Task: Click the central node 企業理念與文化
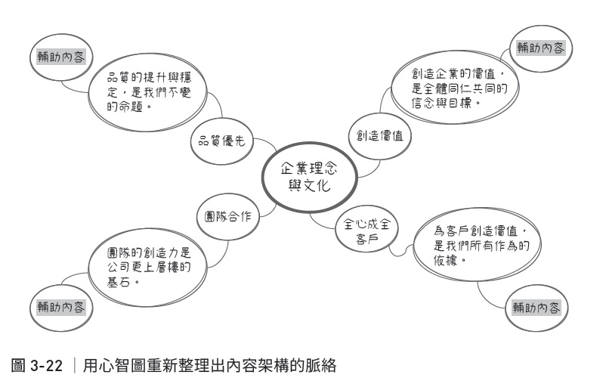point(309,178)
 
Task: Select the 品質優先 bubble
point(222,141)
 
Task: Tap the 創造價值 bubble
point(379,136)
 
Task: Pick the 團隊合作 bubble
point(228,216)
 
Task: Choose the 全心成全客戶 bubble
point(366,231)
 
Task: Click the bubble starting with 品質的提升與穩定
point(148,92)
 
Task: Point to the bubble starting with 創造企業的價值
point(455,88)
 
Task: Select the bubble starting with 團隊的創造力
point(148,268)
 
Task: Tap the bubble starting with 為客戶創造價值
point(477,245)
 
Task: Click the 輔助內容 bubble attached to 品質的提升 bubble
point(61,57)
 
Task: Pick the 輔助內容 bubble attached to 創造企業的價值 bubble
point(541,48)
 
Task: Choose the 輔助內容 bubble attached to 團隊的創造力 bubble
point(61,308)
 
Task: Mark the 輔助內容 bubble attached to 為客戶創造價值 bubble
point(536,308)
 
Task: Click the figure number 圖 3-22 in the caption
point(37,365)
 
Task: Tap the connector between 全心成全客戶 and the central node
point(320,223)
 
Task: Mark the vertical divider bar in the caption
point(74,365)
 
